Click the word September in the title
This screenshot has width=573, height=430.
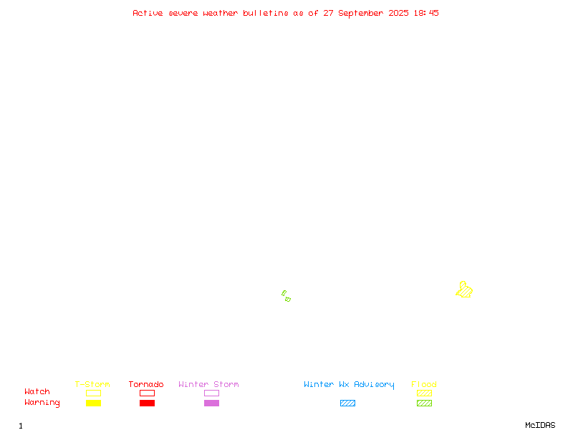click(361, 14)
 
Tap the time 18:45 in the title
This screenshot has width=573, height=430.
click(426, 13)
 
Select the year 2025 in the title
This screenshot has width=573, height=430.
click(398, 13)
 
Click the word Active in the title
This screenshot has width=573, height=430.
click(148, 13)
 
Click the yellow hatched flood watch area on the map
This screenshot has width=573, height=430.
click(464, 290)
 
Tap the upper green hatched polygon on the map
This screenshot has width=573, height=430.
click(284, 293)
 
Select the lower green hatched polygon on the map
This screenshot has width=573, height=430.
click(288, 300)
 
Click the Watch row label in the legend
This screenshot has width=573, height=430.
click(37, 391)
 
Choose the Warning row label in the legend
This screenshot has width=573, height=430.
click(42, 403)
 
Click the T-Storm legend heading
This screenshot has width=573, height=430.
click(92, 384)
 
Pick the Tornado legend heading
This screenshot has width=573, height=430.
click(146, 384)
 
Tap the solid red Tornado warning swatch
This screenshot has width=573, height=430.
click(148, 403)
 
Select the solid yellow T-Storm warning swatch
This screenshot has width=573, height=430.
click(94, 403)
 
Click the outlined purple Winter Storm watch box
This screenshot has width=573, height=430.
click(211, 393)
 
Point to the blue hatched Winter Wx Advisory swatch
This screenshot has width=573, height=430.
click(347, 403)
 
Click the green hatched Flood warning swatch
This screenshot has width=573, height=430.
click(424, 403)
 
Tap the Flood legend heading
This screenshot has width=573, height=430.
click(424, 384)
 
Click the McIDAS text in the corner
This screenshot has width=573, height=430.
click(540, 425)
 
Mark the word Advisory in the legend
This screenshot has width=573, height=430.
click(374, 385)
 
